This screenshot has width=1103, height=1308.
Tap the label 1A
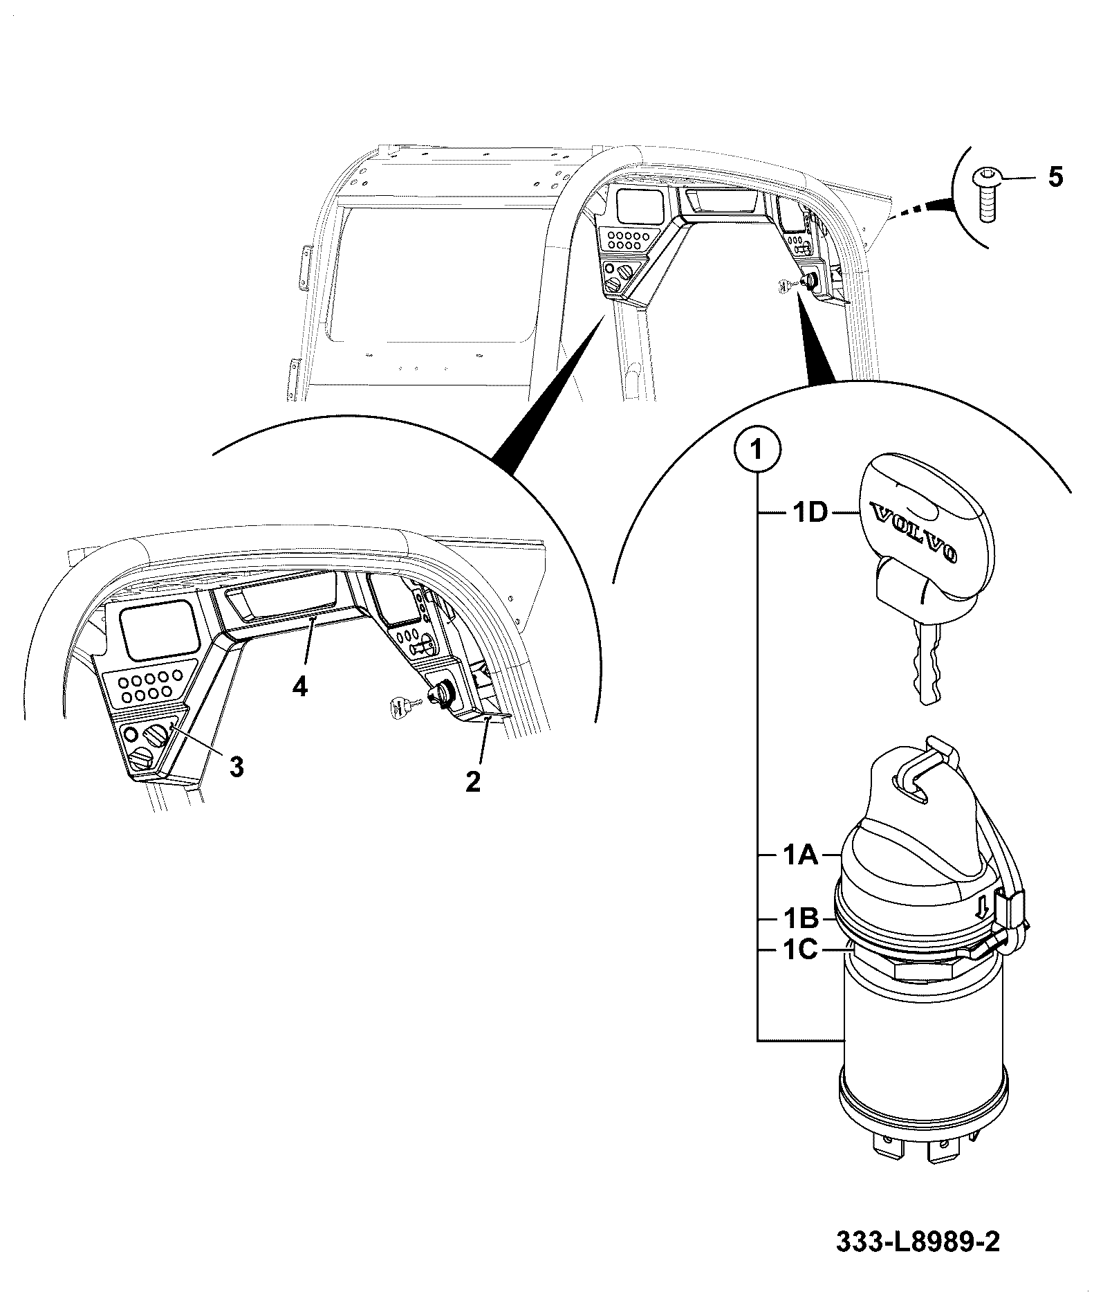coord(800,856)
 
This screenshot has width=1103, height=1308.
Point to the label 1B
coord(800,919)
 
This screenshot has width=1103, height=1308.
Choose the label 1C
coord(800,950)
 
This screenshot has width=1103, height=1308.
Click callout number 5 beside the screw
coord(1055,177)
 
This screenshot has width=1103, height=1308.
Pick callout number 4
coord(299,687)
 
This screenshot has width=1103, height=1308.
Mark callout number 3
coord(237,766)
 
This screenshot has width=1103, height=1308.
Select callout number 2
coord(472,782)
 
